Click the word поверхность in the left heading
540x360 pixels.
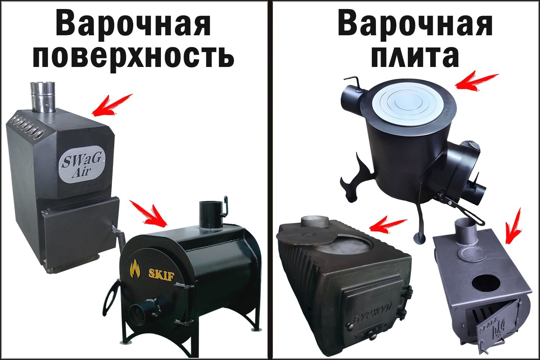coord(133,57)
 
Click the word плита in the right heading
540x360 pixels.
coord(415,57)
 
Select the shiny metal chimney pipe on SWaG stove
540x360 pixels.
coord(42,96)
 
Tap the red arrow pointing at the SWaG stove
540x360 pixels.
coord(112,105)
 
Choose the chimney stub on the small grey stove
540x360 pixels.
coord(465,232)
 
